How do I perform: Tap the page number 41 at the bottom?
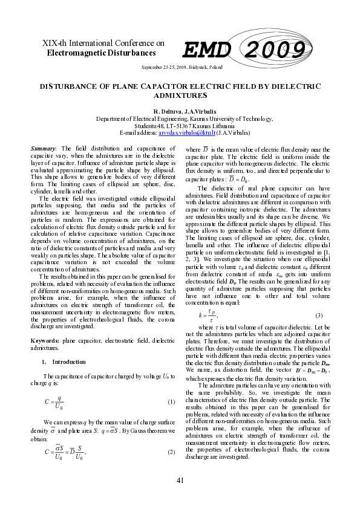(180, 480)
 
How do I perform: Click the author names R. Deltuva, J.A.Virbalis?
(180, 112)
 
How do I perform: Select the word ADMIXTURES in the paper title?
(180, 96)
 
